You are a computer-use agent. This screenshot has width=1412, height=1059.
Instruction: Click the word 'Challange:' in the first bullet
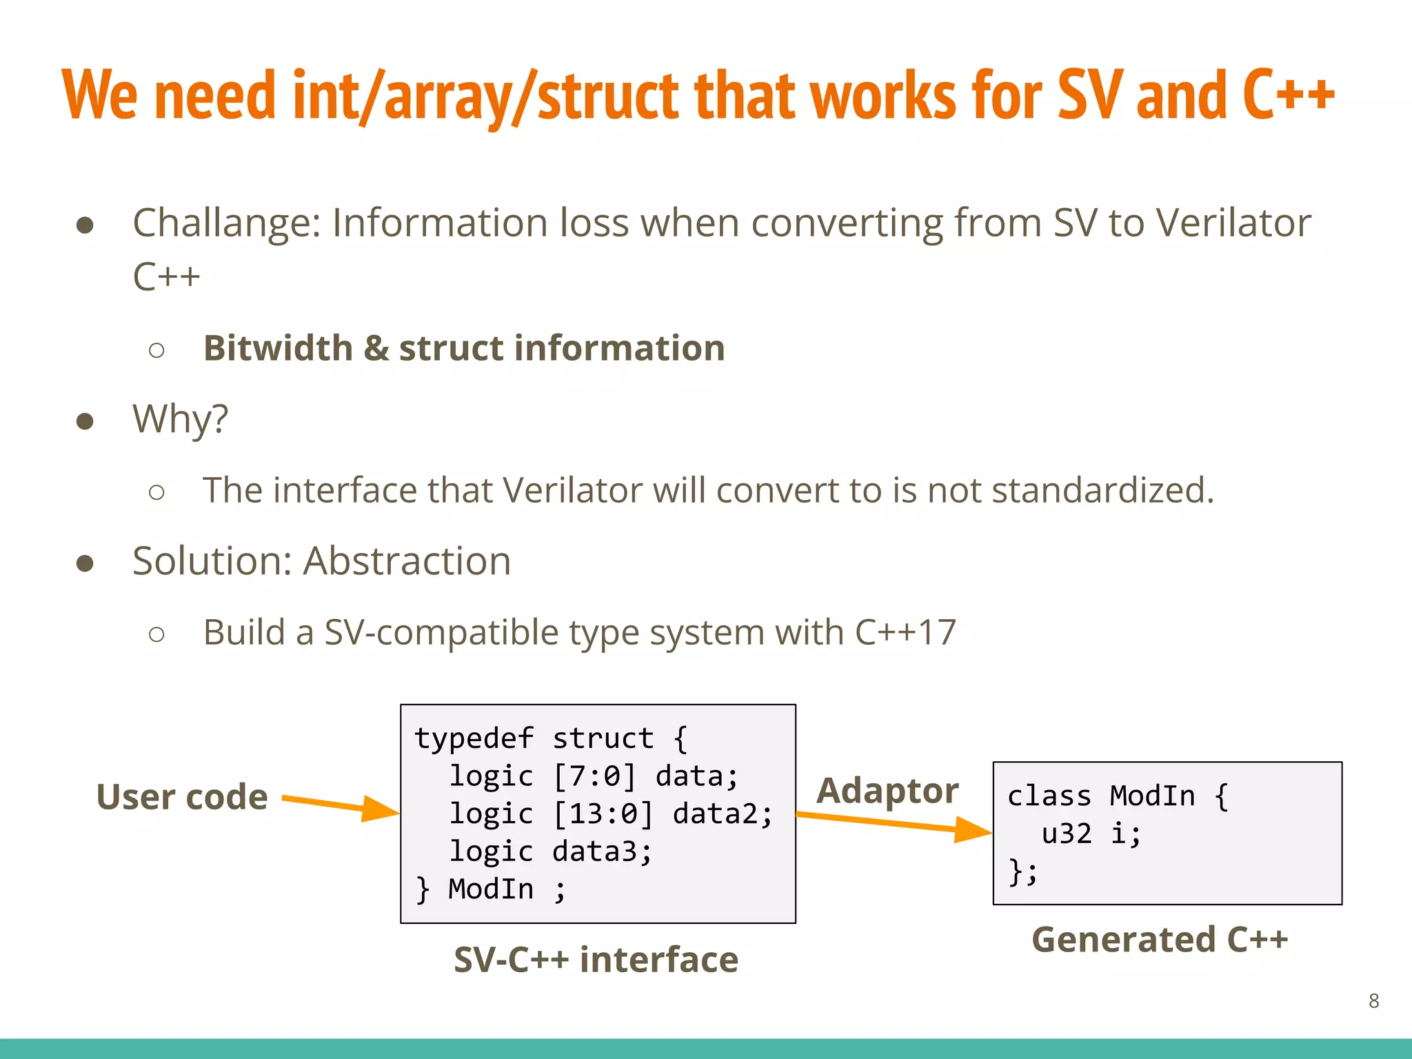227,223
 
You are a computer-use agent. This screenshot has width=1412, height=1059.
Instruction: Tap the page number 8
1373,1000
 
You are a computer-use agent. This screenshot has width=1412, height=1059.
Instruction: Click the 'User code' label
182,797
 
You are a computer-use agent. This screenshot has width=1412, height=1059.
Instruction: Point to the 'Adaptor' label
887,790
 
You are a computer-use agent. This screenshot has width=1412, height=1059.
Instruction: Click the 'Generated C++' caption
1160,940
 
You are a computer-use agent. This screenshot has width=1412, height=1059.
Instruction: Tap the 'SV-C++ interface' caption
596,960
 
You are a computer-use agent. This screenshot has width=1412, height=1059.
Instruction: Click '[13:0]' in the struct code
603,814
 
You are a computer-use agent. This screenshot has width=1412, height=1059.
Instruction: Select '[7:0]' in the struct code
594,776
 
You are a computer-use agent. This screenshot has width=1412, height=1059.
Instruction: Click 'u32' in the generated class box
1067,834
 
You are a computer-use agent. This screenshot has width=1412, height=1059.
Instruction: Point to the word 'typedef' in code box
474,738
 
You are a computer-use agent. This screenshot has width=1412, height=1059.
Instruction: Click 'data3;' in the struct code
602,851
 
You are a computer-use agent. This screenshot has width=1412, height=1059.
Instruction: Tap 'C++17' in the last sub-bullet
905,632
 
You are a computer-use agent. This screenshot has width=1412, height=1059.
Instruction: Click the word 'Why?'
181,418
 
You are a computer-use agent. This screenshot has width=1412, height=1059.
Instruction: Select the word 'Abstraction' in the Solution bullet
407,561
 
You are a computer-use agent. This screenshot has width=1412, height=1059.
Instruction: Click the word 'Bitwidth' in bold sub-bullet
279,348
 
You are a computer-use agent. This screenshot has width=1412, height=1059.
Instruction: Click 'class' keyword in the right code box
1049,796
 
